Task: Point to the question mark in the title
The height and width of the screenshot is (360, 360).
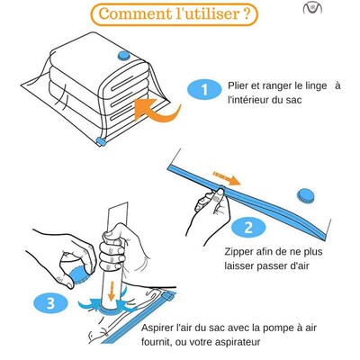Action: point(246,15)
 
